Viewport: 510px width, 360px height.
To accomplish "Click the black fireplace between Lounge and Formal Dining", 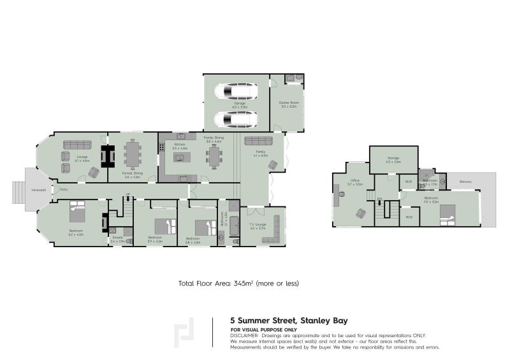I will point(106,156).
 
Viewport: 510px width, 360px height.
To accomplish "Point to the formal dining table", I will point(133,154).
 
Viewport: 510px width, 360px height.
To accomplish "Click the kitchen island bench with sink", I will point(180,157).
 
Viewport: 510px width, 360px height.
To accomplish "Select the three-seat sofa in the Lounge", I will point(75,145).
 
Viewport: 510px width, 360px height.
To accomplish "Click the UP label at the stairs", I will point(127,194).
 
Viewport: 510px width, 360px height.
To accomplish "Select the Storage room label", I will point(393,158).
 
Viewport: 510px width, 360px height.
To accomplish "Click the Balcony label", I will point(465,182).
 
